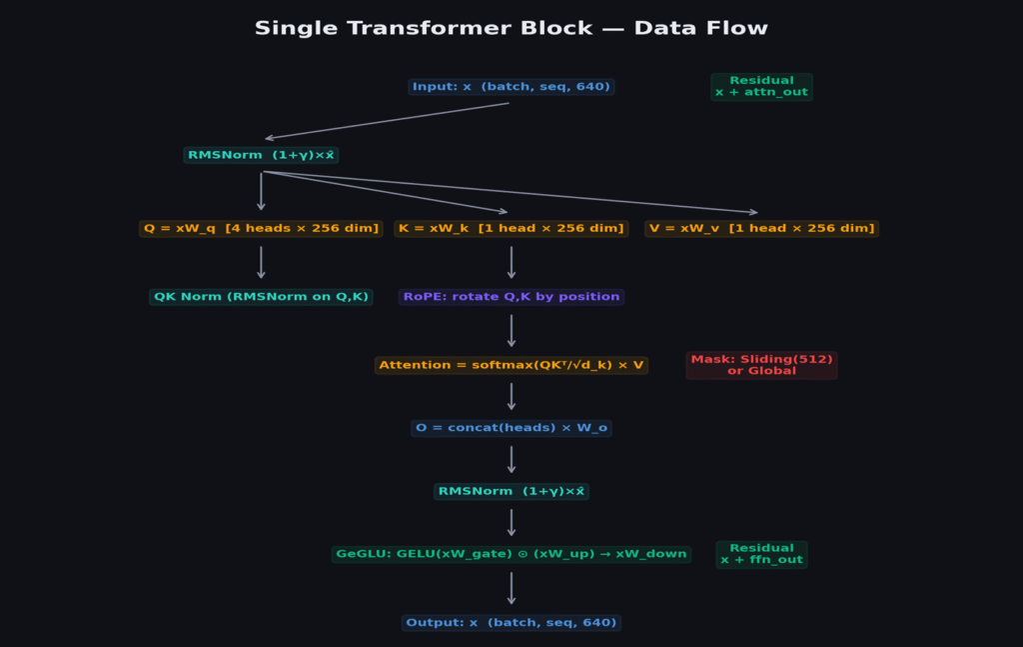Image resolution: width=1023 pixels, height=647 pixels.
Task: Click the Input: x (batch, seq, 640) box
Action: (511, 87)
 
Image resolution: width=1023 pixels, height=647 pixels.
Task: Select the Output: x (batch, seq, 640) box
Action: (511, 623)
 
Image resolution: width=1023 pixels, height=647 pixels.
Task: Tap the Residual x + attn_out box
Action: (761, 87)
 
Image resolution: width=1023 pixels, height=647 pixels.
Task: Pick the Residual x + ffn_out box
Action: (761, 554)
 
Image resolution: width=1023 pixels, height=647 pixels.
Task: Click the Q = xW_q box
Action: (261, 228)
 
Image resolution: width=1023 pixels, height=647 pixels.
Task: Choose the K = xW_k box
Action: (511, 228)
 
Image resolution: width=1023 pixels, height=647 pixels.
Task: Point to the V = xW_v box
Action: (761, 228)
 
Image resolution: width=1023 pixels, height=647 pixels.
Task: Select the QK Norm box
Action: (261, 297)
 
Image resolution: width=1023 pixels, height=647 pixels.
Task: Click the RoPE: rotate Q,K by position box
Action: (511, 297)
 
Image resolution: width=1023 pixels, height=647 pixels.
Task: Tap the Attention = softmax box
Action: (511, 365)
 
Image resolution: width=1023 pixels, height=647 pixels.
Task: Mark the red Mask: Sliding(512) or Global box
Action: (761, 365)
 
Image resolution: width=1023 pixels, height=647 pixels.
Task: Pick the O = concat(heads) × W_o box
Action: (511, 428)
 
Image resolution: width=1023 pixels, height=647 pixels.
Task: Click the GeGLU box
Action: (511, 554)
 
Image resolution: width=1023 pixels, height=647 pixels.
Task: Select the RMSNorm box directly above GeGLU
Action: (511, 492)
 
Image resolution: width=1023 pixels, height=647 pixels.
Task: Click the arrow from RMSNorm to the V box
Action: (510, 192)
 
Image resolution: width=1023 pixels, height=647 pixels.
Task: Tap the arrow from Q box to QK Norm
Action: (261, 262)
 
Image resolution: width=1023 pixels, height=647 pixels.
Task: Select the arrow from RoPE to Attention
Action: (511, 331)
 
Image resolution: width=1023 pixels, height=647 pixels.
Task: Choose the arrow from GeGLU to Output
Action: (511, 588)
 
